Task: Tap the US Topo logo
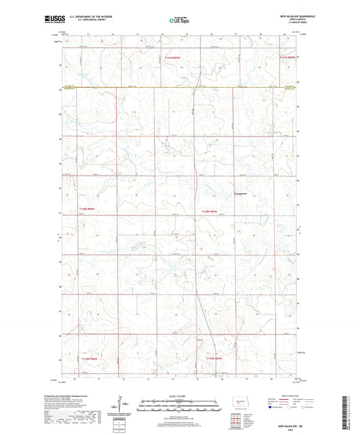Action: tap(179, 20)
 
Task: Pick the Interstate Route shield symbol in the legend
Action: tap(271, 407)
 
